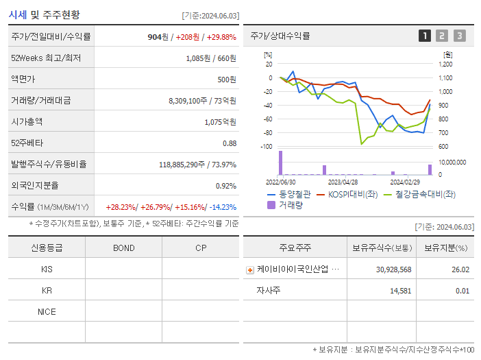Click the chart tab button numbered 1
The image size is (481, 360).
pyautogui.click(x=425, y=36)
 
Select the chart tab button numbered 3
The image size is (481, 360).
pyautogui.click(x=459, y=36)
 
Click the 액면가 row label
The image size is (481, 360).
pyautogui.click(x=24, y=80)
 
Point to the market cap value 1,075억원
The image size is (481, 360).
pyautogui.click(x=221, y=121)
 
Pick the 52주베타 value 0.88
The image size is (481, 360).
pyautogui.click(x=230, y=143)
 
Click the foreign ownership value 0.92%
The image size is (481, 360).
pyautogui.click(x=226, y=185)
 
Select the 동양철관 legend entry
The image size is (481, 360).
pyautogui.click(x=293, y=195)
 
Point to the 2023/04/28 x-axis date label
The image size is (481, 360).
pyautogui.click(x=343, y=182)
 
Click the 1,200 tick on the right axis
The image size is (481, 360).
pyautogui.click(x=445, y=64)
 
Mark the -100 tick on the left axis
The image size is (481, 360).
pyautogui.click(x=267, y=147)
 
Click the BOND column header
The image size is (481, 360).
pyautogui.click(x=123, y=248)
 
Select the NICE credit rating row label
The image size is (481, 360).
pyautogui.click(x=47, y=311)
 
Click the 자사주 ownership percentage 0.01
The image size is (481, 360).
pyautogui.click(x=462, y=291)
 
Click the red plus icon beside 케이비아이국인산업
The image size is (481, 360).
pyautogui.click(x=250, y=269)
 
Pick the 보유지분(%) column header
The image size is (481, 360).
pyautogui.click(x=445, y=248)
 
